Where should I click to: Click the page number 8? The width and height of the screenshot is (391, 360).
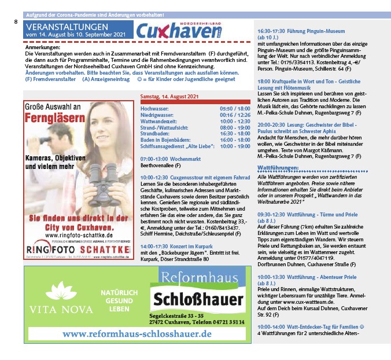tap(16, 21)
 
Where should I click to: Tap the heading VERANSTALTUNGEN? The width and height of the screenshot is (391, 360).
tap(67, 27)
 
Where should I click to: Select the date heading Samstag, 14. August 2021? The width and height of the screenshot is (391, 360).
tap(169, 95)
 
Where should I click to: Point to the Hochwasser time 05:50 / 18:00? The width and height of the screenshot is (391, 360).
tap(235, 108)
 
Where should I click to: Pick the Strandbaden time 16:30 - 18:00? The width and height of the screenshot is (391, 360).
tap(235, 133)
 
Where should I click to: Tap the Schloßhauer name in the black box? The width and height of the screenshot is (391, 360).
tap(198, 300)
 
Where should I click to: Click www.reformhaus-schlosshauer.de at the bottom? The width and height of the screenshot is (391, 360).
tap(137, 334)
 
